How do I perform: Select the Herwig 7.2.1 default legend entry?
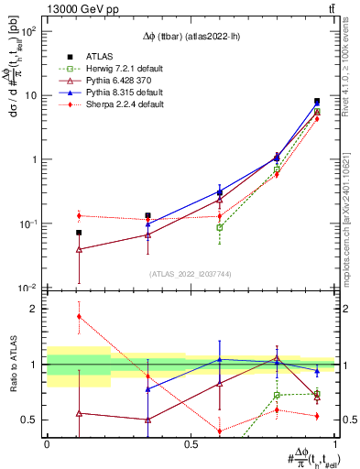115,68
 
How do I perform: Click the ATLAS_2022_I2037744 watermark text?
191,274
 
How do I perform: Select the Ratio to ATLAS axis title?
13,365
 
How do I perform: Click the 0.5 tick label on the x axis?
191,444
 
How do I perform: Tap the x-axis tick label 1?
334,444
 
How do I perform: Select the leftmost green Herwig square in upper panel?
220,227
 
